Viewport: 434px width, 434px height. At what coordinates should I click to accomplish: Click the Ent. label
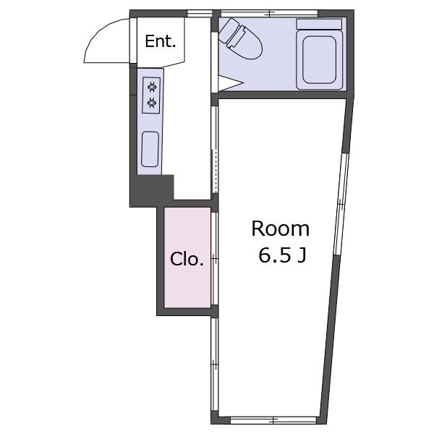click(161, 41)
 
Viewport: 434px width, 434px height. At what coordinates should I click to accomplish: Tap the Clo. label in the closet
click(187, 259)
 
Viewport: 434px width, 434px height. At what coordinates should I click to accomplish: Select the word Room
click(281, 229)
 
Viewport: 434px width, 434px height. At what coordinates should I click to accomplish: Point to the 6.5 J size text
click(282, 255)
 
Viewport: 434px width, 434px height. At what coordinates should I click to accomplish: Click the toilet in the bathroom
click(239, 38)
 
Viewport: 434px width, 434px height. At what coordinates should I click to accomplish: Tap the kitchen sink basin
click(150, 149)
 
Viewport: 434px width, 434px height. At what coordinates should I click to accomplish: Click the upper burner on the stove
click(152, 88)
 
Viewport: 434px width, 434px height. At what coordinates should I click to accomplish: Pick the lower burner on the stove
click(152, 103)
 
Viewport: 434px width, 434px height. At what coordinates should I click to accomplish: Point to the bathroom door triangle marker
click(230, 82)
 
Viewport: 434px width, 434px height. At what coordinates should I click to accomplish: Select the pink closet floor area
click(187, 258)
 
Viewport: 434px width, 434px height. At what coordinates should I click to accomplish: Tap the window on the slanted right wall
click(341, 204)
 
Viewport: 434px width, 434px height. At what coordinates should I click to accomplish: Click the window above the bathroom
click(270, 13)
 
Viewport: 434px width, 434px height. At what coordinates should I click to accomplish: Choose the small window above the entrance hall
click(200, 13)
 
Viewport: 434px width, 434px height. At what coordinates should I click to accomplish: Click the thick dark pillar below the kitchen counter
click(152, 191)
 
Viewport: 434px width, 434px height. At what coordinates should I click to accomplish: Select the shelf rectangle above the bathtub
click(319, 24)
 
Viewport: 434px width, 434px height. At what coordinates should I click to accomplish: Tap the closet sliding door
click(214, 258)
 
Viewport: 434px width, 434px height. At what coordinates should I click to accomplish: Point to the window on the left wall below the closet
click(215, 365)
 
